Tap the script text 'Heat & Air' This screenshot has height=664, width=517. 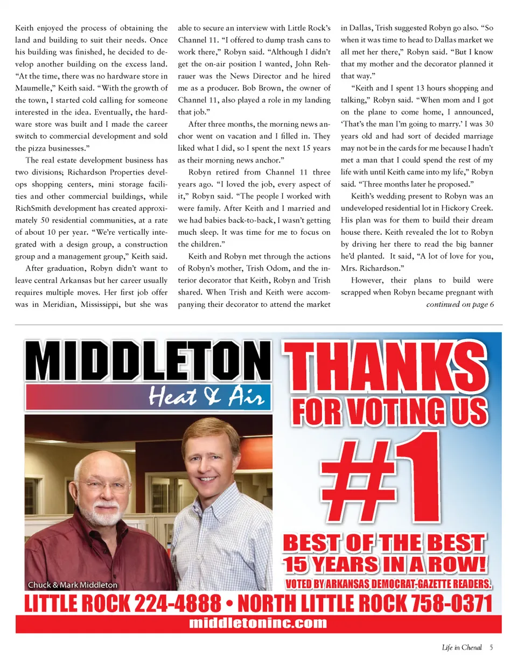click(206, 397)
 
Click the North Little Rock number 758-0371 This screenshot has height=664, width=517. click(451, 603)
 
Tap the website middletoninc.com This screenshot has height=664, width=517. click(258, 623)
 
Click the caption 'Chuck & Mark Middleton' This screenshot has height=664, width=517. click(73, 585)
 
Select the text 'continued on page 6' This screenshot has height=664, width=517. click(460, 305)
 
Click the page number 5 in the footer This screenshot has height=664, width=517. click(491, 647)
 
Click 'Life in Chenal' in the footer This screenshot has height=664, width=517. click(462, 647)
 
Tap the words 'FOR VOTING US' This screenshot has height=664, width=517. click(390, 412)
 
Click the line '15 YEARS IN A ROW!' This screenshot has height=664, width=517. click(385, 564)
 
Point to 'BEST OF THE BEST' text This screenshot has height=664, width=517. click(385, 543)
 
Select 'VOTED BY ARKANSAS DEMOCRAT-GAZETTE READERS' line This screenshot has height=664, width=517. click(388, 584)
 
